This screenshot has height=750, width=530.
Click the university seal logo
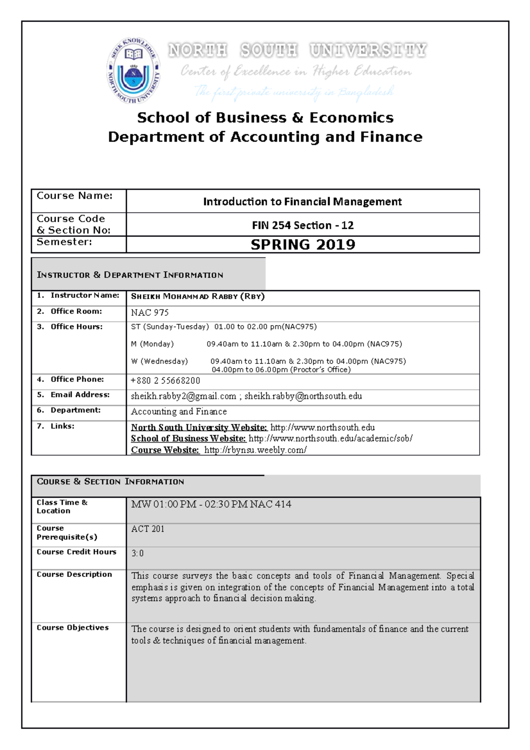134,71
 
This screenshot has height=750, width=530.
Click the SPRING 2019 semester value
303,245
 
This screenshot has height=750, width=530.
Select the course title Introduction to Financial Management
303,202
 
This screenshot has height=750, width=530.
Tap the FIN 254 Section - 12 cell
303,225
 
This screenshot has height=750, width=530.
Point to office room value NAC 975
150,313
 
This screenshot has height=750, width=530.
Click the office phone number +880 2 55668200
165,381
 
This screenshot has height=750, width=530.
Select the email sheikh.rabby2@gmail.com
183,396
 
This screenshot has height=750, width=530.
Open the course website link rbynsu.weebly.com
255,450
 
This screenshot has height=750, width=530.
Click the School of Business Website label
188,439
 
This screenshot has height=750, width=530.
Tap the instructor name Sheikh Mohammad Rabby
197,296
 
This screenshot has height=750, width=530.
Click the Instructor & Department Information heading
130,275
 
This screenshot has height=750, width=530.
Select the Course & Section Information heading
110,481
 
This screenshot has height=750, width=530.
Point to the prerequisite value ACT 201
148,529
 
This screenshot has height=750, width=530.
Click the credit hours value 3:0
137,553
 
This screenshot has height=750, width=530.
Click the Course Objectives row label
72,628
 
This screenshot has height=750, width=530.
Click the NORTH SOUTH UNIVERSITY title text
297,50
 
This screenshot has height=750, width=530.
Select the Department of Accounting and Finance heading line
265,137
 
